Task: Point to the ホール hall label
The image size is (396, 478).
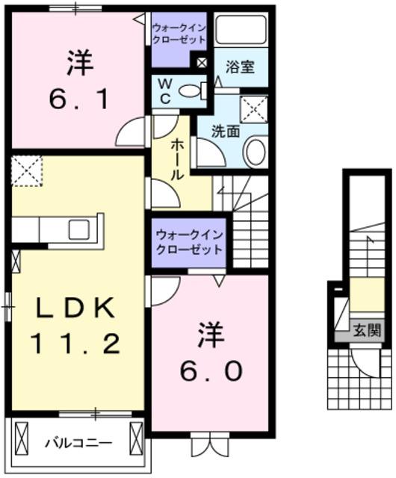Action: point(178,159)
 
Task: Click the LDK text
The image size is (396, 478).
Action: point(73,307)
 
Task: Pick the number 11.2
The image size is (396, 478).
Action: point(74,344)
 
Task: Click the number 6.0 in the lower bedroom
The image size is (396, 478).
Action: point(210,370)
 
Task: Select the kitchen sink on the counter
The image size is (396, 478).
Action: point(79,229)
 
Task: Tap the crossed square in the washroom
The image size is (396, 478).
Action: point(254,110)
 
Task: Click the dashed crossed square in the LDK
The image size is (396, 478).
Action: point(27,170)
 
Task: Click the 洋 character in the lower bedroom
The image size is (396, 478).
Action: point(210,334)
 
